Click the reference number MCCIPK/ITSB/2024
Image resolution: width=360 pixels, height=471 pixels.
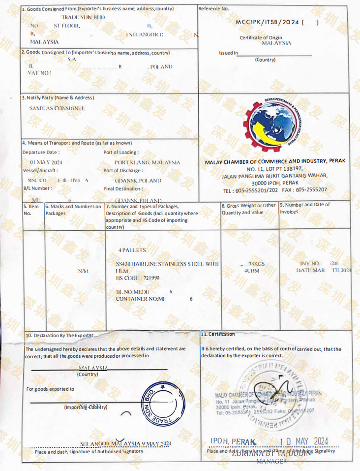[268, 22]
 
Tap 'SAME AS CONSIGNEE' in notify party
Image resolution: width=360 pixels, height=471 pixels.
[57, 108]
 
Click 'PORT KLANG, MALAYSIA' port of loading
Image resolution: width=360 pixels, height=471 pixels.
[147, 162]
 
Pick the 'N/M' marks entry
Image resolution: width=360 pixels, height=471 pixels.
[83, 272]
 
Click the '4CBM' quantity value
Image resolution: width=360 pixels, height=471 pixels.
[252, 270]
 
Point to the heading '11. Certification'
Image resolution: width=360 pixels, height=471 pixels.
[218, 334]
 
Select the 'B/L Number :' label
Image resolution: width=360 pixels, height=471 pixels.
[37, 188]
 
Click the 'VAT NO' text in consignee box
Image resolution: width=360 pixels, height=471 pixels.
[39, 73]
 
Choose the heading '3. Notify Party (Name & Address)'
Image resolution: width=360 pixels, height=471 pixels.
[58, 97]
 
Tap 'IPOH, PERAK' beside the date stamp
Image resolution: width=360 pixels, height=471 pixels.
[233, 440]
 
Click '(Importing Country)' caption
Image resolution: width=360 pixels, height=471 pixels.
[86, 408]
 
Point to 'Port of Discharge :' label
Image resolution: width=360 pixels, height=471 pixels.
[123, 171]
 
